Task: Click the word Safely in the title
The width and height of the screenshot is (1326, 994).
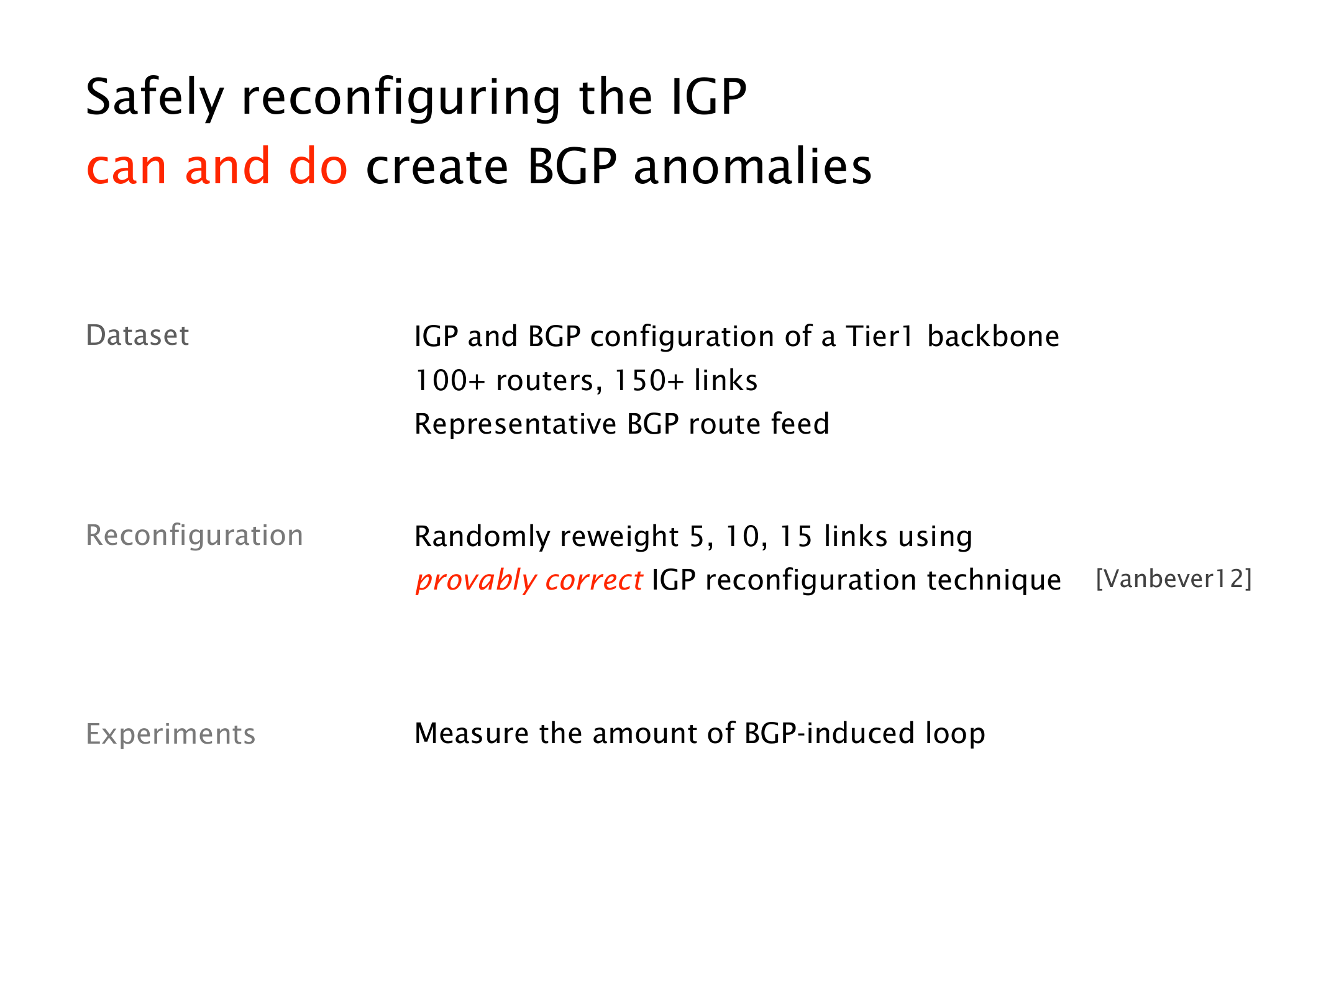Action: pyautogui.click(x=155, y=98)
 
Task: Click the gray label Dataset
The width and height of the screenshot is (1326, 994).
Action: pyautogui.click(x=137, y=335)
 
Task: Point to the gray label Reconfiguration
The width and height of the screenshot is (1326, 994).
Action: pyautogui.click(x=194, y=536)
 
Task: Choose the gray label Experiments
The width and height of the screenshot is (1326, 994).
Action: pyautogui.click(x=171, y=735)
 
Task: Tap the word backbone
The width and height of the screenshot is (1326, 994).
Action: pyautogui.click(x=994, y=337)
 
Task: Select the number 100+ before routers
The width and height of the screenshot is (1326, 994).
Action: pyautogui.click(x=449, y=381)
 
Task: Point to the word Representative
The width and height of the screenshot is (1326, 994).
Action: pyautogui.click(x=516, y=425)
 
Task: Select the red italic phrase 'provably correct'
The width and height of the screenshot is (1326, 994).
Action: pyautogui.click(x=529, y=581)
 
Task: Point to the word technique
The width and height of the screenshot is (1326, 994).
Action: pyautogui.click(x=994, y=581)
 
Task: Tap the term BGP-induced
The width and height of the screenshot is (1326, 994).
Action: pyautogui.click(x=830, y=734)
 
